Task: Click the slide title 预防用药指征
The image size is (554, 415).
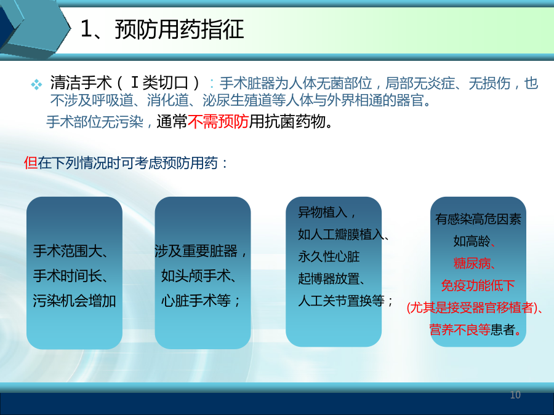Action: pyautogui.click(x=180, y=29)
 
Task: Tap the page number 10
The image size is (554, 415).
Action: pyautogui.click(x=515, y=395)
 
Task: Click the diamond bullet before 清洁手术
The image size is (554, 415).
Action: pyautogui.click(x=36, y=84)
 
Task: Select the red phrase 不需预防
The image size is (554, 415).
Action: pyautogui.click(x=218, y=122)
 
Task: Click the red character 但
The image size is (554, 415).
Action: pyautogui.click(x=31, y=163)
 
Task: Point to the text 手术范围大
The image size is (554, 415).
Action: pyautogui.click(x=68, y=251)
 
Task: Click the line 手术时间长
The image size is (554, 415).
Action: pyautogui.click(x=68, y=276)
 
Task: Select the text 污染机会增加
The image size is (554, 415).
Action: pyautogui.click(x=74, y=301)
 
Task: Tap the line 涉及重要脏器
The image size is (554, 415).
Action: pyautogui.click(x=196, y=251)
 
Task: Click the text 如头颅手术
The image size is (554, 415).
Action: pyautogui.click(x=196, y=276)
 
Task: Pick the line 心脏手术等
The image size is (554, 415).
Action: pyautogui.click(x=196, y=301)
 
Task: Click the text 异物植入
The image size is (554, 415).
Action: pyautogui.click(x=323, y=212)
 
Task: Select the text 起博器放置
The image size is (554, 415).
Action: pyautogui.click(x=329, y=279)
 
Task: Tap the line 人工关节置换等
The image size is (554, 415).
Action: pyautogui.click(x=341, y=301)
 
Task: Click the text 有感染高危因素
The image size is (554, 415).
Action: pyautogui.click(x=478, y=219)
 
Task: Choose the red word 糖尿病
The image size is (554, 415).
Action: pyautogui.click(x=472, y=263)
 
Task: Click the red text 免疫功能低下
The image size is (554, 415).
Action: pyautogui.click(x=478, y=285)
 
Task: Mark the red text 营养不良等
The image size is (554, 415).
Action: pyautogui.click(x=460, y=330)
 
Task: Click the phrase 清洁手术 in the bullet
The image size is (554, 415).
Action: pyautogui.click(x=81, y=83)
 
